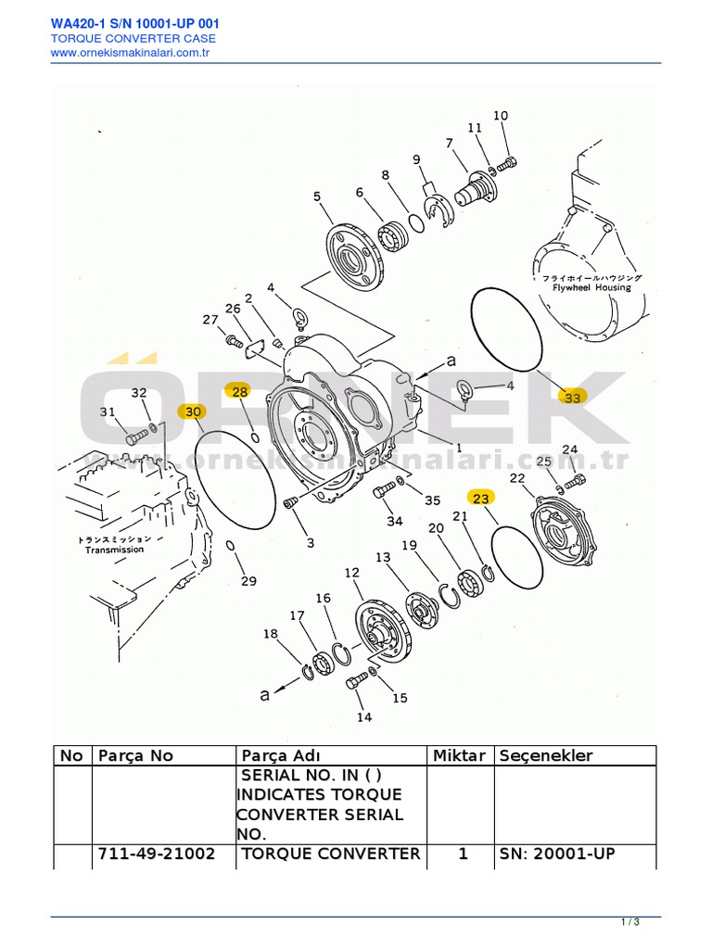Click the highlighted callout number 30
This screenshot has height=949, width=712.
tap(192, 411)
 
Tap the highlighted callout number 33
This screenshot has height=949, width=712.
tap(572, 397)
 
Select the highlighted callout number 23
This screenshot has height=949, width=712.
tap(480, 498)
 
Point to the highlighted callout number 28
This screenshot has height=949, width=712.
tap(239, 392)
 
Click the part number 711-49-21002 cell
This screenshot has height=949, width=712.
tap(156, 854)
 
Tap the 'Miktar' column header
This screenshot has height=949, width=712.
tap(459, 755)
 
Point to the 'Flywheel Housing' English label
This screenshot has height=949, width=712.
tap(592, 287)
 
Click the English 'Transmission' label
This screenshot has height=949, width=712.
tap(115, 550)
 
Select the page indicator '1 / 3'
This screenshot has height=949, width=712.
tap(630, 921)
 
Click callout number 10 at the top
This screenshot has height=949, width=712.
tap(501, 116)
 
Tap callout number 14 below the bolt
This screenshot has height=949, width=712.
tap(364, 716)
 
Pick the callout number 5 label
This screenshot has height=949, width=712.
tap(316, 196)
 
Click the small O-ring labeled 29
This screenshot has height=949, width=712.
tap(231, 546)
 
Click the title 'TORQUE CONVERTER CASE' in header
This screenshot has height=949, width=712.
tap(133, 38)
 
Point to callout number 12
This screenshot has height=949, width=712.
tap(351, 574)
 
